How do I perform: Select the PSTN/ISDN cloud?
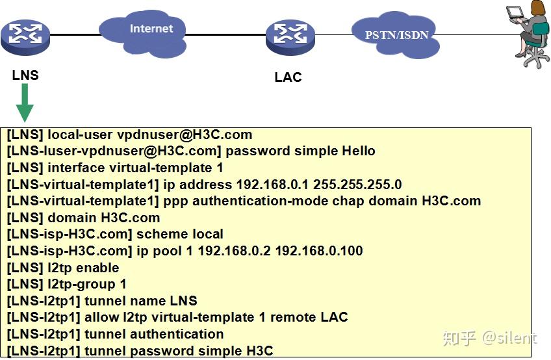(x=395, y=35)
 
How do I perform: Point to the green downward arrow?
(x=25, y=103)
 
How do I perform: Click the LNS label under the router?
(x=25, y=75)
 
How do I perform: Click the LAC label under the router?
(x=288, y=77)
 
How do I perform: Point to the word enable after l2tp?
(x=97, y=268)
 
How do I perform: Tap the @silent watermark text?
(x=508, y=338)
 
